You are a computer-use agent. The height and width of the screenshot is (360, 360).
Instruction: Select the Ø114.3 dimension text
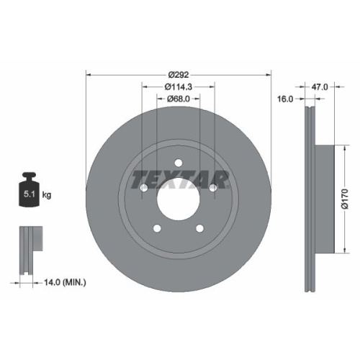pos(178,86)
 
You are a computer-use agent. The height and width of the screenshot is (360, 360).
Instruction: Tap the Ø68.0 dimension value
pos(178,99)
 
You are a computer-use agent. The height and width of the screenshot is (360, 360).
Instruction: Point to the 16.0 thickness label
pos(286,100)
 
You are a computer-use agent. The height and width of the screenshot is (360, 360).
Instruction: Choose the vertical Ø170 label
pos(344,196)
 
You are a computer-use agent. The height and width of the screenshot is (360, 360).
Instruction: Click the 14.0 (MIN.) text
pos(63,284)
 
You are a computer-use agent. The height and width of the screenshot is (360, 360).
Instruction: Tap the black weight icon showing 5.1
pos(30,192)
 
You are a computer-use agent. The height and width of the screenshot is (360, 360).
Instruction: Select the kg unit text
pos(46,195)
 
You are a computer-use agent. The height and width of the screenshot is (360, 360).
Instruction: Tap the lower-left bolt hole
pos(157,229)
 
